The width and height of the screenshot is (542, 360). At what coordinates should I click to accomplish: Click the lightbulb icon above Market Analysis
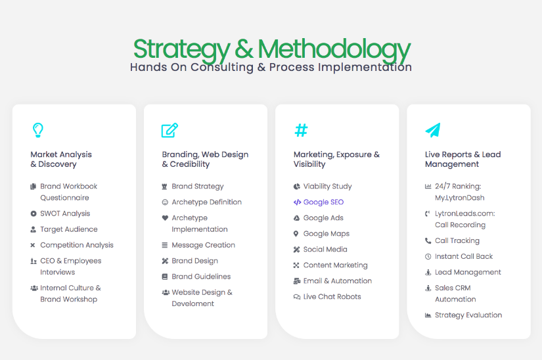37,130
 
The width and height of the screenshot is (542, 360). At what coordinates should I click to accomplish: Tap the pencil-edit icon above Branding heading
169,130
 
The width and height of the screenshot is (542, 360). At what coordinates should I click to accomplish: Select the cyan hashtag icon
301,130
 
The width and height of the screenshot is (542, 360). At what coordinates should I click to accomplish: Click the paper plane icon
433,130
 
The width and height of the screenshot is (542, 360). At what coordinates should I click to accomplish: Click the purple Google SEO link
323,202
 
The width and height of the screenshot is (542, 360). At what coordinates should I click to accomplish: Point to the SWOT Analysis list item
65,214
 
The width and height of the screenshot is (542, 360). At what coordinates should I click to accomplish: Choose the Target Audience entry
69,229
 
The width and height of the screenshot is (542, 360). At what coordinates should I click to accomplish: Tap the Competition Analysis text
77,245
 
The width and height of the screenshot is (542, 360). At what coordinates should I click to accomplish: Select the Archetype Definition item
207,202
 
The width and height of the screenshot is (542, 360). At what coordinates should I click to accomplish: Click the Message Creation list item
203,245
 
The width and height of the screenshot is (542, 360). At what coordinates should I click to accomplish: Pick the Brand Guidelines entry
201,277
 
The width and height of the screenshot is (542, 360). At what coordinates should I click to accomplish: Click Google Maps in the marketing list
327,234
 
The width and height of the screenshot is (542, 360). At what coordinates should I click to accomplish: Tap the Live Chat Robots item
332,296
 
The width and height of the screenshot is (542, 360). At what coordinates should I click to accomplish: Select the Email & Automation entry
338,281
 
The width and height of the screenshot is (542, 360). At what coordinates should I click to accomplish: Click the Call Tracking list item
457,240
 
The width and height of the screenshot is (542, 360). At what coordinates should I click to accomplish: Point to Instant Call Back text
464,256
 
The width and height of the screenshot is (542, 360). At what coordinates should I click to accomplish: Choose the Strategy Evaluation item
468,315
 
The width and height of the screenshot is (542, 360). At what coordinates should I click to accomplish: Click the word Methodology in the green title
334,49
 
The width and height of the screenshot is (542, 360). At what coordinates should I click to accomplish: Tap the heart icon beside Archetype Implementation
165,217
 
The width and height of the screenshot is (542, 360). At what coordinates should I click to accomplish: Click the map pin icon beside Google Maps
296,234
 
